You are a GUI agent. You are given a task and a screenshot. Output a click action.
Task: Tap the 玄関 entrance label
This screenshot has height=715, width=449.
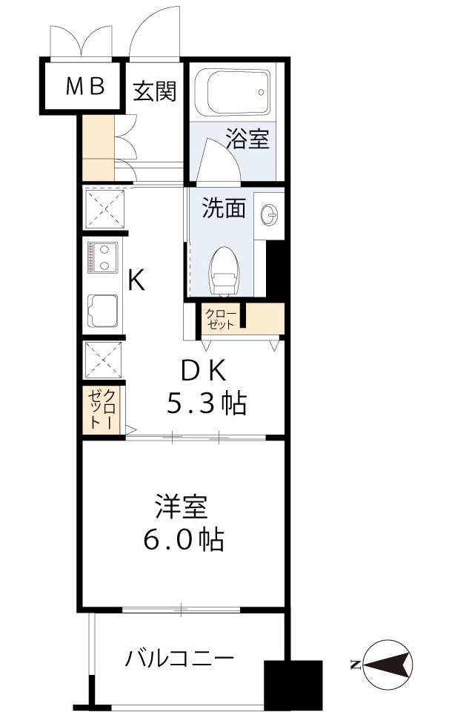154,91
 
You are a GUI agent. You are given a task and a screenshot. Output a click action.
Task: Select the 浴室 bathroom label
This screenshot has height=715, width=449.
247,138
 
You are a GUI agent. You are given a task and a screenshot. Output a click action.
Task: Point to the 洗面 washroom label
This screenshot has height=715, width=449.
224,208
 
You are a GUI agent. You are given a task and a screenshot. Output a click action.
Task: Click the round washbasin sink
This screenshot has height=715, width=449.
272,214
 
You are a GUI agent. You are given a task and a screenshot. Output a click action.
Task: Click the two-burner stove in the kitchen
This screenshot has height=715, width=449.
102,257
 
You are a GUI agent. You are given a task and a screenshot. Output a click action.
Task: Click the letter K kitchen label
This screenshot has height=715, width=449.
136,280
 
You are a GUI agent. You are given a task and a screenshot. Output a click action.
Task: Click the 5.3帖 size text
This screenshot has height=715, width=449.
205,403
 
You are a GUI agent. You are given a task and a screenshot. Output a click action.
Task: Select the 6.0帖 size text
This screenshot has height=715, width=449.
182,540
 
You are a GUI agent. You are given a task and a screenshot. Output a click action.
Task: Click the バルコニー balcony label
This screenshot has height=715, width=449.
180,658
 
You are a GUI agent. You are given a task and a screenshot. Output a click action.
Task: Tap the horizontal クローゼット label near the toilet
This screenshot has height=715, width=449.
220,319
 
